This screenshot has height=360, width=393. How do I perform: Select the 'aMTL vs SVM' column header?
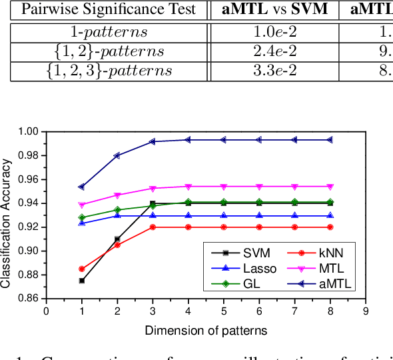point(273,9)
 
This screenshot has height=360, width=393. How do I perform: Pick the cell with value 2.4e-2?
point(273,51)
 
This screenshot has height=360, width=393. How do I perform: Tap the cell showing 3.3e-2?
point(273,71)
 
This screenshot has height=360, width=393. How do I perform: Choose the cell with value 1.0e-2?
point(273,31)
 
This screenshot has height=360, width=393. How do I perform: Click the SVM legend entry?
point(232,252)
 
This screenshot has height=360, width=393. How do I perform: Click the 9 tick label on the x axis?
point(366,310)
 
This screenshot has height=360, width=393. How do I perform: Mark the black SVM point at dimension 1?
point(82,281)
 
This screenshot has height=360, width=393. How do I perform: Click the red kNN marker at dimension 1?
point(82,269)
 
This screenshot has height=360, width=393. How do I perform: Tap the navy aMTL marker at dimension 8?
point(330,140)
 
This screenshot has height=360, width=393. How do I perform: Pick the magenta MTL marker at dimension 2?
point(117,195)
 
